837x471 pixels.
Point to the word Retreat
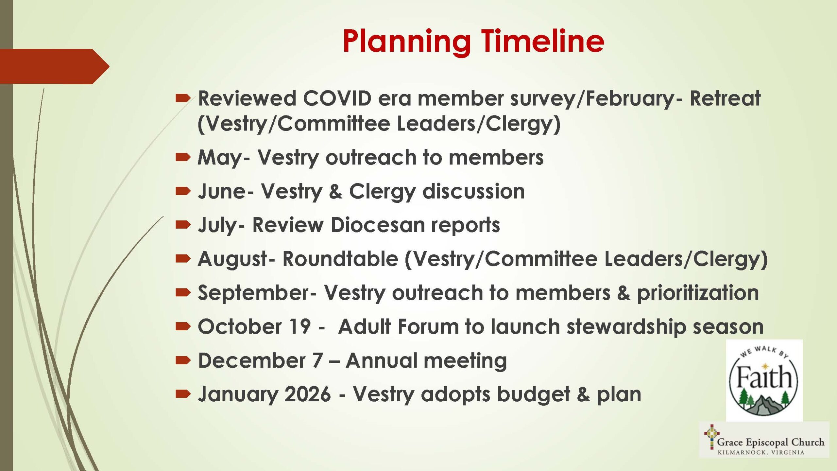pyautogui.click(x=725, y=98)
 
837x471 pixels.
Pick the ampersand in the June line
pyautogui.click(x=335, y=191)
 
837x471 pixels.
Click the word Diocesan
pyautogui.click(x=377, y=225)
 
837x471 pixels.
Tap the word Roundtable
pyautogui.click(x=340, y=259)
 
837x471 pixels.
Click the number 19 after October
pyautogui.click(x=299, y=327)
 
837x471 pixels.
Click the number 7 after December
pyautogui.click(x=317, y=361)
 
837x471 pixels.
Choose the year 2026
pyautogui.click(x=307, y=394)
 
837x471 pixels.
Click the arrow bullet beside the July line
pyautogui.click(x=183, y=224)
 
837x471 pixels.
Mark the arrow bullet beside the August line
pyautogui.click(x=183, y=259)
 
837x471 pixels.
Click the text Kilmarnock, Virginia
pyautogui.click(x=761, y=453)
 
